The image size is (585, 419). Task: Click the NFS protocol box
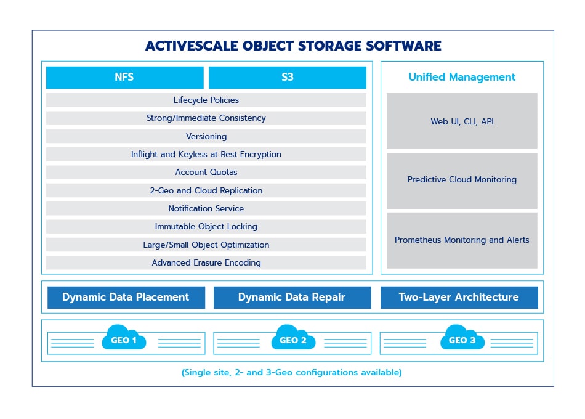tap(124, 78)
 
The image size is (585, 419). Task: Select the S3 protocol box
tap(287, 78)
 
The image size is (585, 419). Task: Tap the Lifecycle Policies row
tap(206, 100)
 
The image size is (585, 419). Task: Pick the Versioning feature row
tap(206, 136)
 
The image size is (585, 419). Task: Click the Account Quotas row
tap(206, 173)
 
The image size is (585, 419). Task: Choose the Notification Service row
tap(206, 208)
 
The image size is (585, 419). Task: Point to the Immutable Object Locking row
tap(206, 226)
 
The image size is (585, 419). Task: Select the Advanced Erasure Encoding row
tap(206, 262)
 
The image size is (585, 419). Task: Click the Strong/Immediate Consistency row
tap(206, 118)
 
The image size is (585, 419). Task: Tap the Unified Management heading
tap(462, 77)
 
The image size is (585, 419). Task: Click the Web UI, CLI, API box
tap(462, 121)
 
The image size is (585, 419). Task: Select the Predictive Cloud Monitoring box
tap(462, 180)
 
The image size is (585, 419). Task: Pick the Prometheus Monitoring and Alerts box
tap(462, 240)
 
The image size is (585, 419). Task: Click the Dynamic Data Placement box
tap(126, 297)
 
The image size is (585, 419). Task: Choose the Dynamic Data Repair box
tap(292, 297)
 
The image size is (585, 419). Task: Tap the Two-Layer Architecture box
tap(459, 297)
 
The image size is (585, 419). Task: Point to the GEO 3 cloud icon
tap(462, 338)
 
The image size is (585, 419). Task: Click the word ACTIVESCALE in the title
tap(190, 46)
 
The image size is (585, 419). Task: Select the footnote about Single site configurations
tap(292, 373)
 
